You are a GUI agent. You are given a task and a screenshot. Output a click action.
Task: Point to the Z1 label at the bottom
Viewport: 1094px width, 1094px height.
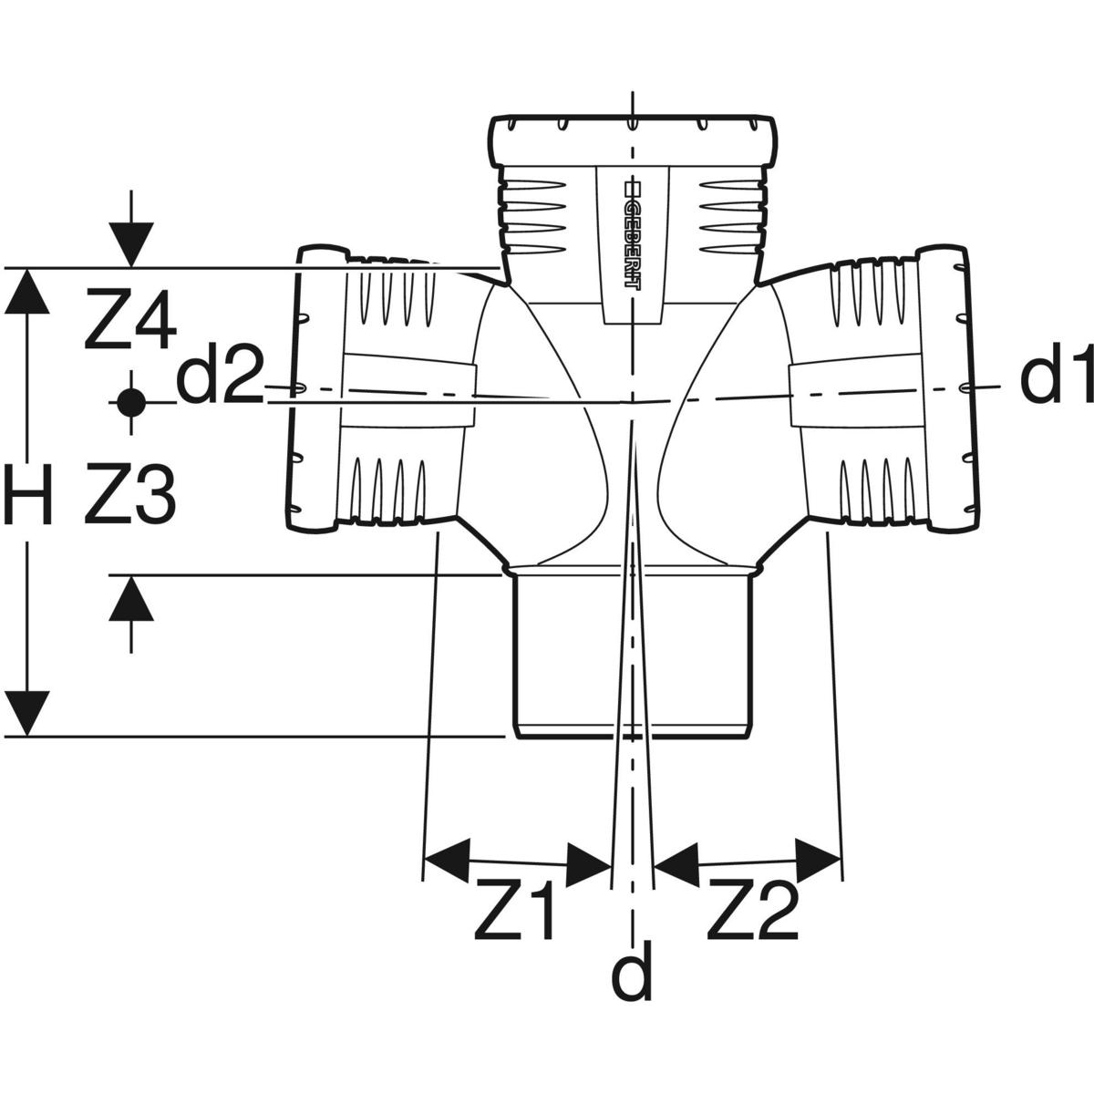click(x=515, y=913)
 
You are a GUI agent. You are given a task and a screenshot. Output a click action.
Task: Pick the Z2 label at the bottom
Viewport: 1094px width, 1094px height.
click(x=753, y=913)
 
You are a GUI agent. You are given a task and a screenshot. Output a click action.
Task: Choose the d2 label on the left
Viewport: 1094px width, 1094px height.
click(x=219, y=379)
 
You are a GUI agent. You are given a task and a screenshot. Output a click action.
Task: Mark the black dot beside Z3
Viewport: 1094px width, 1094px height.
click(x=131, y=400)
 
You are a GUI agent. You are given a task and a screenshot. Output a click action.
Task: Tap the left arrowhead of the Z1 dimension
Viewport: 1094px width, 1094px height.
click(x=448, y=856)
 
